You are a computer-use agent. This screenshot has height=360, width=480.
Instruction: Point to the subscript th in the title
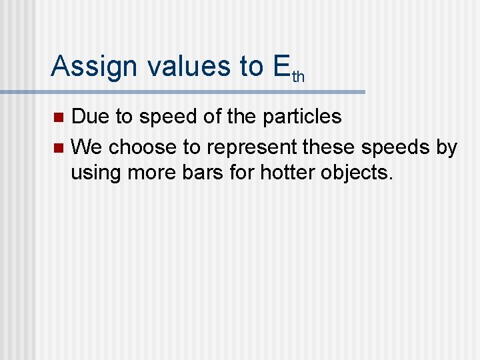tap(298, 77)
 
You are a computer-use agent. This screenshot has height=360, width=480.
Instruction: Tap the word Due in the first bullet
tap(91, 117)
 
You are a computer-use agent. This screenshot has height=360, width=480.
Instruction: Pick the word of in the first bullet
tap(211, 117)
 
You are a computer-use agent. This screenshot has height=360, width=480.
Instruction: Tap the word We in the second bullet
tap(87, 146)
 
